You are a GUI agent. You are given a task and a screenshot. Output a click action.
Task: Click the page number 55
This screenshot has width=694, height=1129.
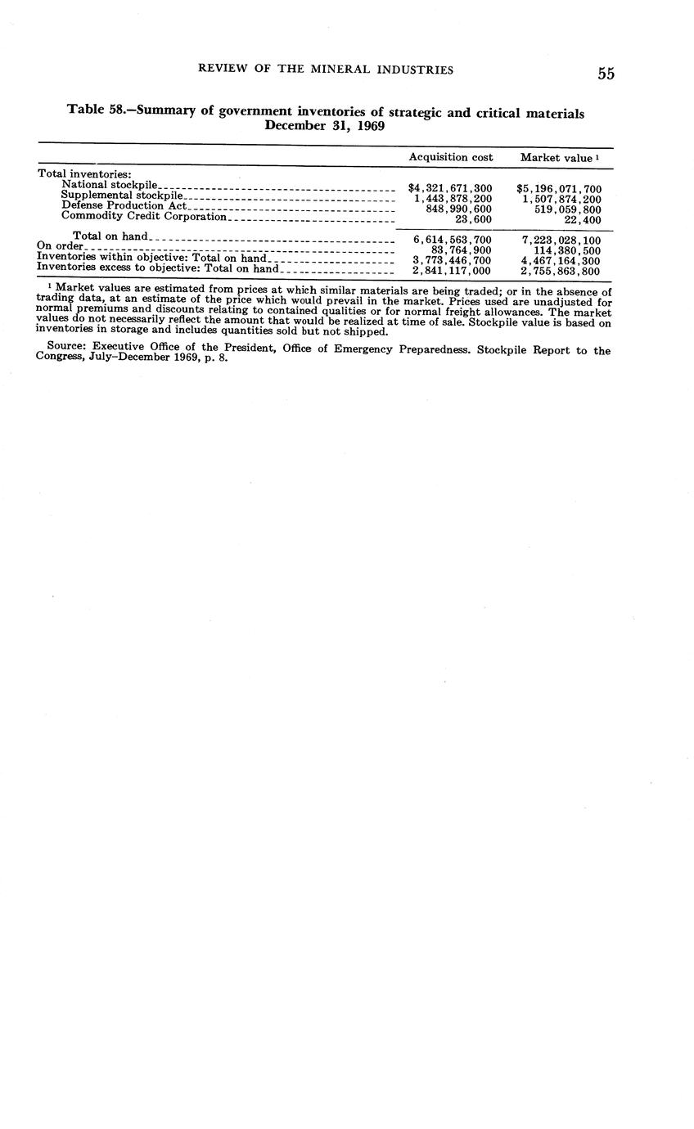coord(606,74)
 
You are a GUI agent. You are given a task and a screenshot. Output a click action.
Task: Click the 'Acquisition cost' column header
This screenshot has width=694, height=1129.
coord(451,157)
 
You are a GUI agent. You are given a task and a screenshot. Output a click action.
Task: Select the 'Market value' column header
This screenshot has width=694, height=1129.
coord(557,158)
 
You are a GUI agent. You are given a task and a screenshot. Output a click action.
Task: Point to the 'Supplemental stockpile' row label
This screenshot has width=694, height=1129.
coord(122,196)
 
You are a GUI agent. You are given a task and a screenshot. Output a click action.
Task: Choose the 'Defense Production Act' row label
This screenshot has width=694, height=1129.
coord(124,206)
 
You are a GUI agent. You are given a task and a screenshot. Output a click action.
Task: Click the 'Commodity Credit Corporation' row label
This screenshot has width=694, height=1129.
coord(143,217)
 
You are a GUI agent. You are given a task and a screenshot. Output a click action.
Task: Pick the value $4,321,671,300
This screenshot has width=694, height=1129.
coord(450,189)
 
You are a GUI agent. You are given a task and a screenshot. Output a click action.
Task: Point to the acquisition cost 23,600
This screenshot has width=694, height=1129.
coord(473,220)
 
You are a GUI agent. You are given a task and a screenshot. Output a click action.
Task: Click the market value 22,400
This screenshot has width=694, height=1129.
coord(583,220)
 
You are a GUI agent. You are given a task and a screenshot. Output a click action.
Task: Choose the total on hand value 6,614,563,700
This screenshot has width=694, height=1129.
coord(452,241)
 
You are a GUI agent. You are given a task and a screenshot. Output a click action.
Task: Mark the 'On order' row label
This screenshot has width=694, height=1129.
coord(60,246)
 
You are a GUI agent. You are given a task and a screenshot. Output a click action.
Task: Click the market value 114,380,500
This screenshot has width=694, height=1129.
coord(566,251)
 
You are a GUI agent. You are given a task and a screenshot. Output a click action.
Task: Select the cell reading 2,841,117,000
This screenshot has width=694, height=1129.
coord(452,271)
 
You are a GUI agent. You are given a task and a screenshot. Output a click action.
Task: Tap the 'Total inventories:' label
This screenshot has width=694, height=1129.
coord(84,174)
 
